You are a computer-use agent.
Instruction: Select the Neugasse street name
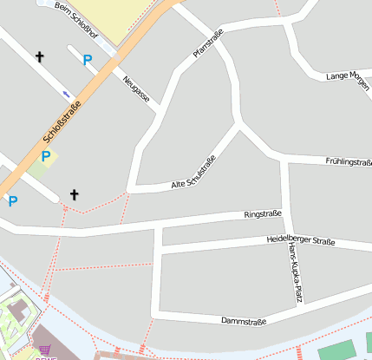click(136, 88)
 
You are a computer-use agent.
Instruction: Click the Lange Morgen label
click(347, 76)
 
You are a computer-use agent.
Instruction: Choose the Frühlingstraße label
click(348, 162)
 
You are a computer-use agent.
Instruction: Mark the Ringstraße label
click(263, 213)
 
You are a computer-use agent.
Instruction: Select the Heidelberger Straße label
click(300, 240)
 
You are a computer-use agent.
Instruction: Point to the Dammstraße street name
click(244, 320)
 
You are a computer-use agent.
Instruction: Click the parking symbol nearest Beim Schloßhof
click(86, 60)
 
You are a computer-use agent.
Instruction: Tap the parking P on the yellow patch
click(45, 156)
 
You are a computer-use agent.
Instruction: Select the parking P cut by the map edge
click(12, 200)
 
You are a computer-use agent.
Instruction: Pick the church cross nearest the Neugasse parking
click(39, 57)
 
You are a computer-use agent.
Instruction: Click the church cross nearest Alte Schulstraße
click(74, 194)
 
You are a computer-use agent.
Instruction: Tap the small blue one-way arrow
click(66, 93)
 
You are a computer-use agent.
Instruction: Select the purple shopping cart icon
click(45, 350)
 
